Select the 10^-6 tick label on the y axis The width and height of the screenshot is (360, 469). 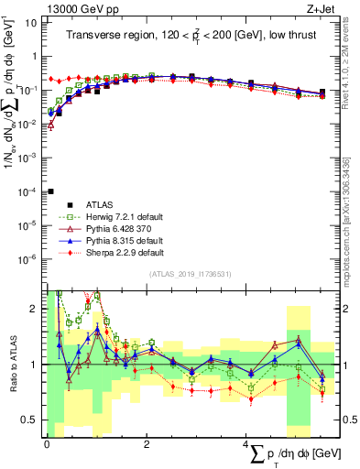(28, 259)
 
